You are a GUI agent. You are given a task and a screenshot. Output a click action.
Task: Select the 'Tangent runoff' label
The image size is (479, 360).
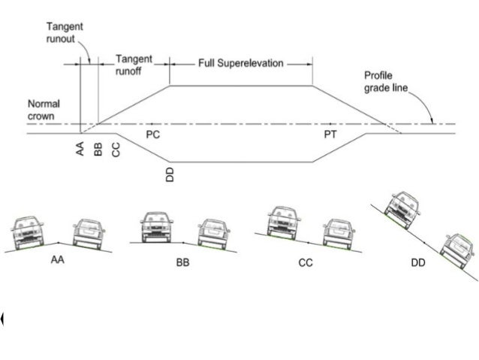click(134, 64)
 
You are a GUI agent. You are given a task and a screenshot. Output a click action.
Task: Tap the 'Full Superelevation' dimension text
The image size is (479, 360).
click(240, 63)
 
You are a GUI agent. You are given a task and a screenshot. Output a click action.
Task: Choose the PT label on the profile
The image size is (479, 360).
click(330, 132)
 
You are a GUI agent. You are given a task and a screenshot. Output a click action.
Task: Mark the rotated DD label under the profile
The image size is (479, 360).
click(170, 175)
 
